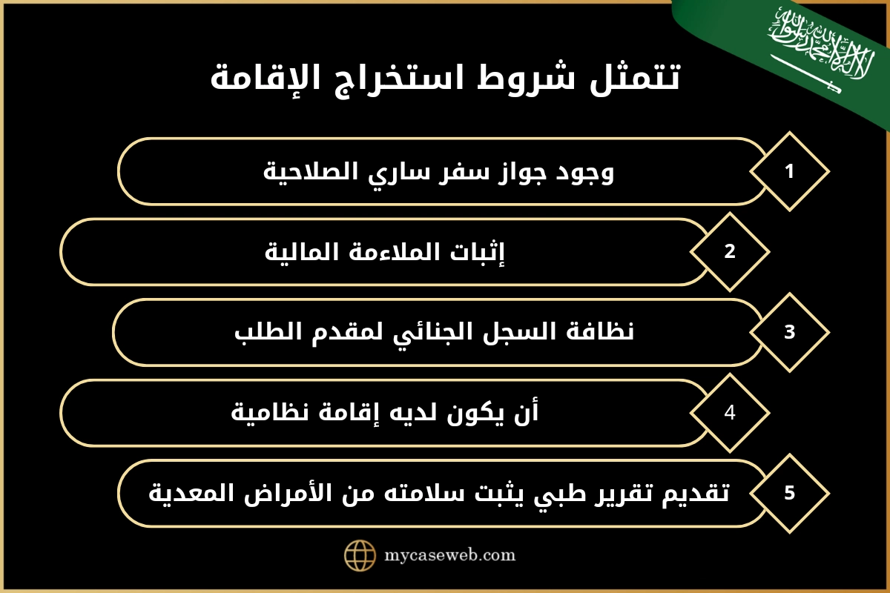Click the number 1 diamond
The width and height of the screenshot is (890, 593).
[789, 171]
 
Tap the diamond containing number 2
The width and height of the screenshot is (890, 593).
[730, 251]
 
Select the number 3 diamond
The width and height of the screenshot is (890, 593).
[789, 332]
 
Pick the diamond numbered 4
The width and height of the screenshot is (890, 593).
[730, 413]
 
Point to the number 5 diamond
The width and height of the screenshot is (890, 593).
[789, 493]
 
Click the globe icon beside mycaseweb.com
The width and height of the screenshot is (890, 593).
[360, 554]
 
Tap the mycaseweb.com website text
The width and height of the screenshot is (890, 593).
[450, 554]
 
